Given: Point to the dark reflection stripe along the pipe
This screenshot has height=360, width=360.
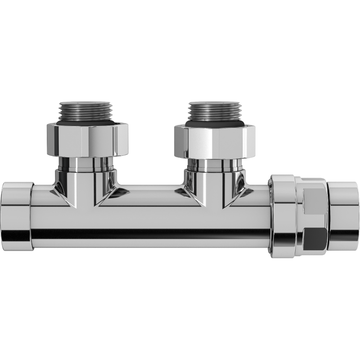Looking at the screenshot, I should [148, 233].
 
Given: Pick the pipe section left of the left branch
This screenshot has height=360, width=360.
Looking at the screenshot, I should [45, 211].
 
